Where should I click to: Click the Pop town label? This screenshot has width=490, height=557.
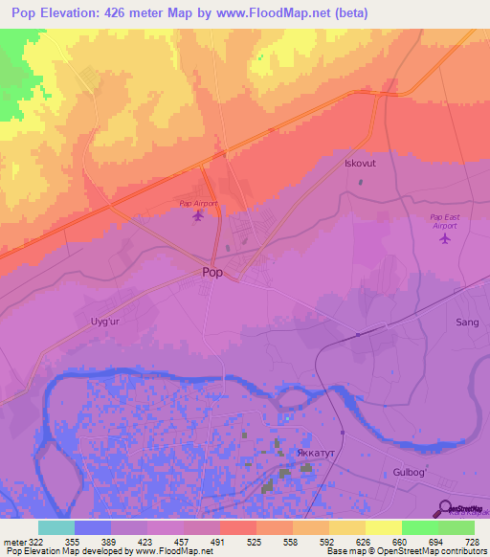[x=213, y=272]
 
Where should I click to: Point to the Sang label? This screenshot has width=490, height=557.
[x=467, y=323]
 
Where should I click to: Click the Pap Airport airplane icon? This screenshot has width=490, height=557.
[x=198, y=215]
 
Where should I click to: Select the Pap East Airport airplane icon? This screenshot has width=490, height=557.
[x=444, y=237]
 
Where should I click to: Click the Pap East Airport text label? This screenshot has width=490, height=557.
[x=444, y=219]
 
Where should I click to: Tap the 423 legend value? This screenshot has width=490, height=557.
[x=146, y=542]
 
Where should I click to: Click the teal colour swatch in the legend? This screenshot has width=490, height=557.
[x=56, y=527]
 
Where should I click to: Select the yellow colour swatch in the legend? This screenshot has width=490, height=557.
[x=383, y=527]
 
